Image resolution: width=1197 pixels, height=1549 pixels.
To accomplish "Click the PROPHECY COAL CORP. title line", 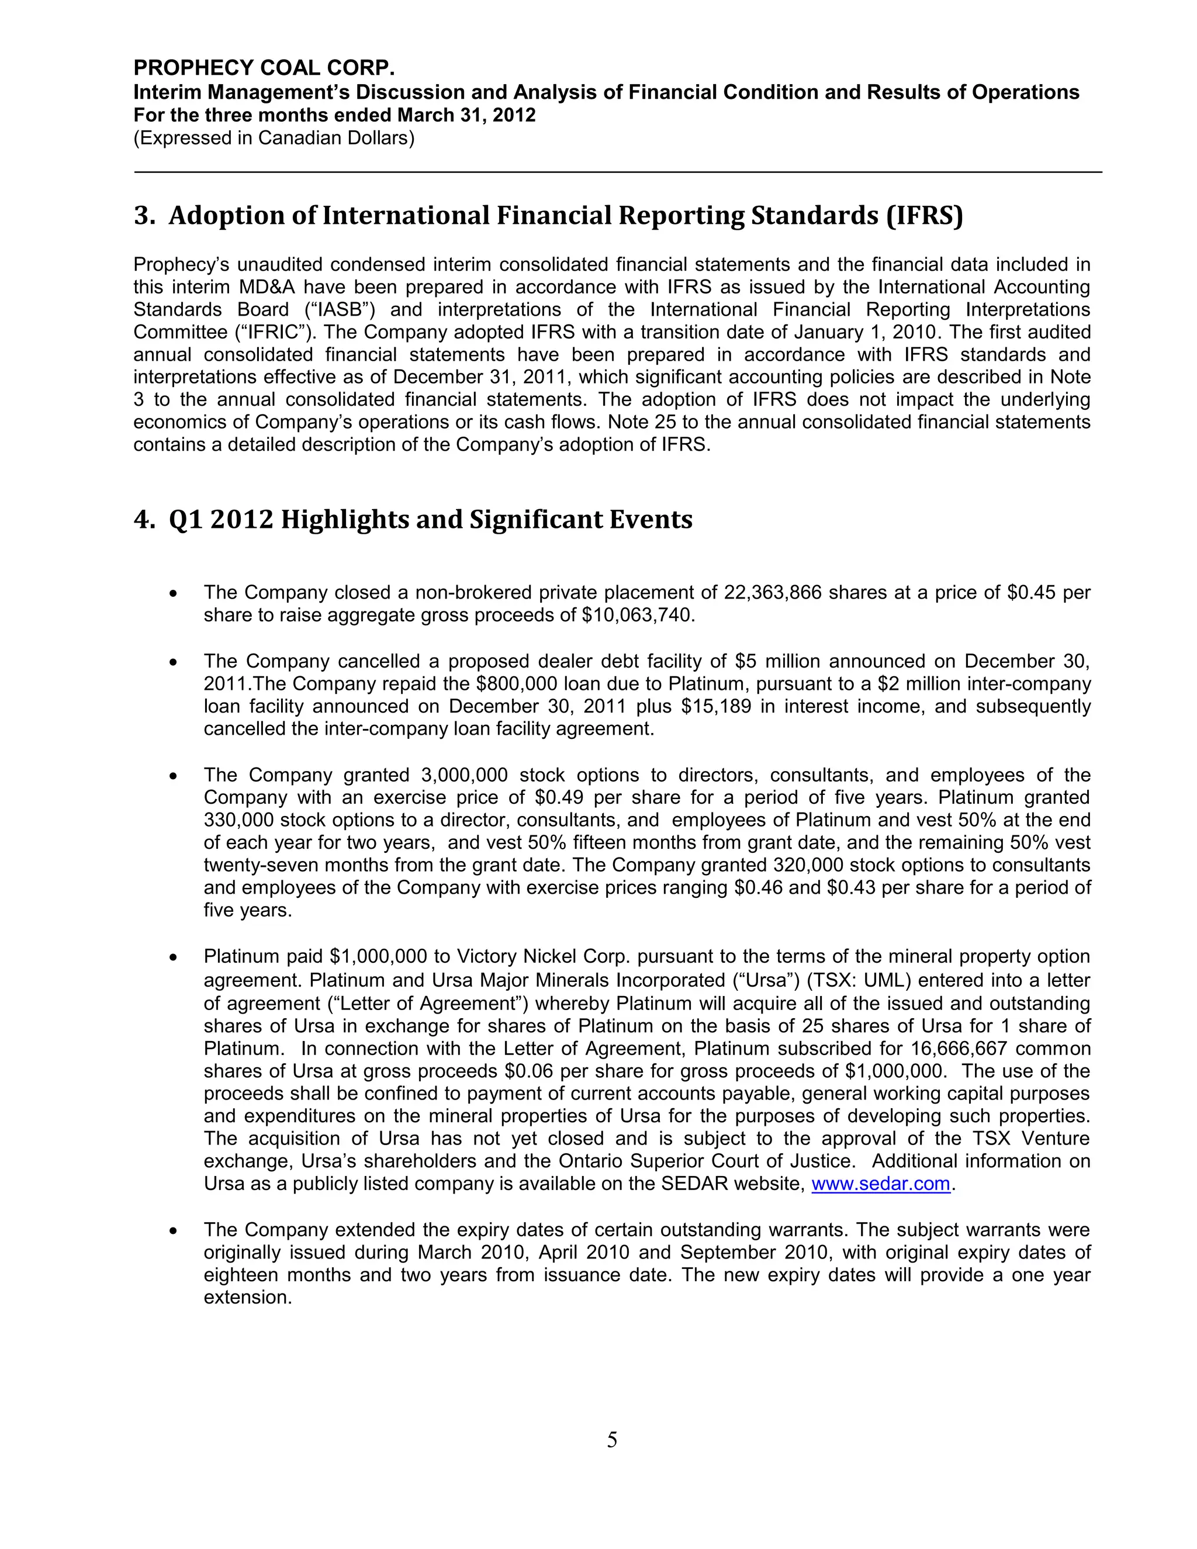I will pos(264,68).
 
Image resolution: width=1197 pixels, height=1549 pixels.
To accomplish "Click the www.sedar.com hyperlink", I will pos(880,1184).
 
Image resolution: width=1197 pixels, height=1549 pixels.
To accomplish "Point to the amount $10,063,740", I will pos(635,615).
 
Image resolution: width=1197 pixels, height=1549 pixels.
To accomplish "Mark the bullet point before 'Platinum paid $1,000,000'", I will pos(173,958).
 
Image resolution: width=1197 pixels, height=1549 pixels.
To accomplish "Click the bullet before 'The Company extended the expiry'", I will pos(173,1231).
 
